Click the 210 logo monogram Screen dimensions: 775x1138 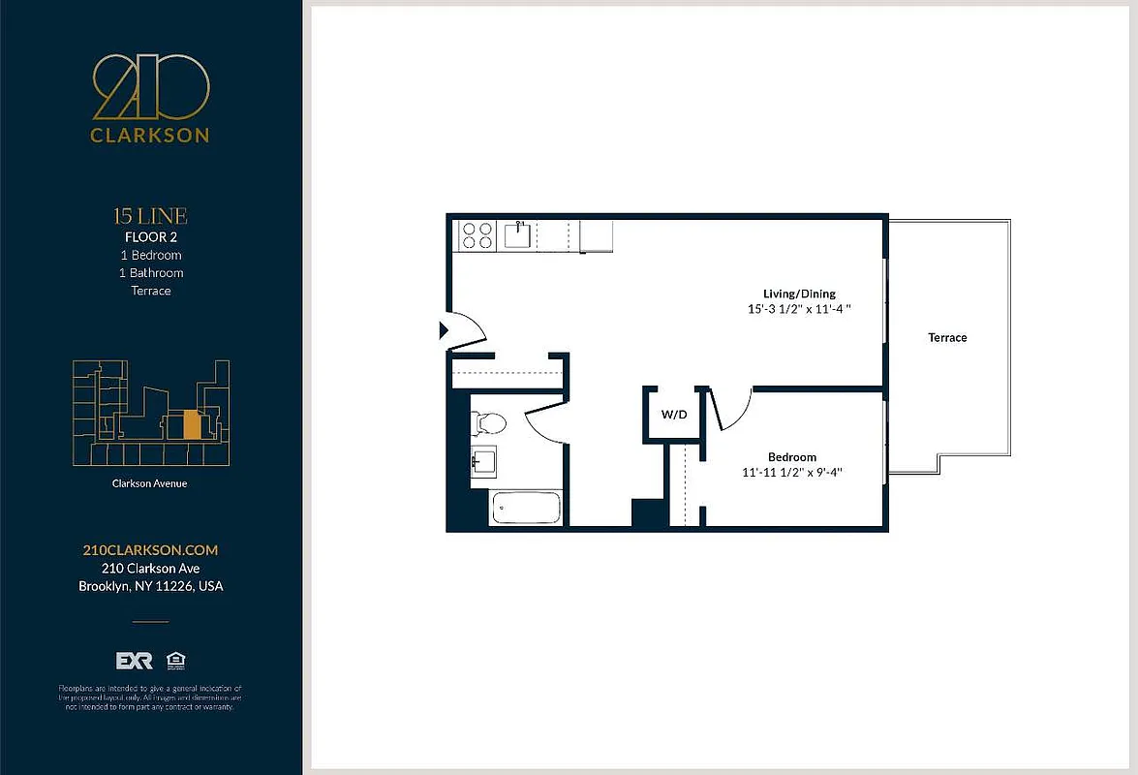(150, 88)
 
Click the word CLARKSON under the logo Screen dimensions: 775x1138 (150, 136)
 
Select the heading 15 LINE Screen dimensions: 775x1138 (150, 216)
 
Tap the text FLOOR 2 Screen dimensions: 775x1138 (150, 236)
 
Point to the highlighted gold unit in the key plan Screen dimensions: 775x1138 (192, 424)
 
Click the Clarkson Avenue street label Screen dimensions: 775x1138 (150, 483)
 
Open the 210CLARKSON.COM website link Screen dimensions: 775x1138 (150, 550)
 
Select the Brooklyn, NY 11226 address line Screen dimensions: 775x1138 (150, 586)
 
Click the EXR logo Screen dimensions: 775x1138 (134, 661)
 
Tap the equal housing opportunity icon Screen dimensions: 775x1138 (175, 661)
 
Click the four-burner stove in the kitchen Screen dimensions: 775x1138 (476, 236)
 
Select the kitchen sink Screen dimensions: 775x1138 (517, 235)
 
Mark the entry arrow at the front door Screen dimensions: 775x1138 (445, 330)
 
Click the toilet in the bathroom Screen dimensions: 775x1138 (488, 423)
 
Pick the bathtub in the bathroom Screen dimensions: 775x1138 (527, 508)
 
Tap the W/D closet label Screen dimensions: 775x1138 (674, 415)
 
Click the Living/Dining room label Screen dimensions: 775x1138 (799, 294)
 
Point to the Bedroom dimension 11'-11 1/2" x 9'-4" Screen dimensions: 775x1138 (792, 474)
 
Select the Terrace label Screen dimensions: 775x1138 (947, 337)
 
